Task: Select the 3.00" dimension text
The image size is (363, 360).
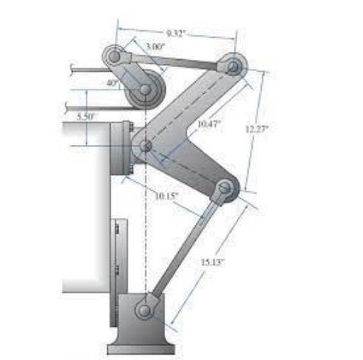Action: point(155,47)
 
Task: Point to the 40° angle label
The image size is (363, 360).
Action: point(112,84)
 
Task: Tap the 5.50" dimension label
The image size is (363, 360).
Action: point(86,116)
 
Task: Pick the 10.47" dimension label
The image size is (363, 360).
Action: point(208,124)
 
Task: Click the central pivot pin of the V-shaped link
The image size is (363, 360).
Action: point(146,146)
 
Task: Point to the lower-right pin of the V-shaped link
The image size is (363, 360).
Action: point(223,190)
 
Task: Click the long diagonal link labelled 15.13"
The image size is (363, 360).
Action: point(186,248)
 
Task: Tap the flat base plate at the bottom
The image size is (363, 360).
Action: point(143,347)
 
